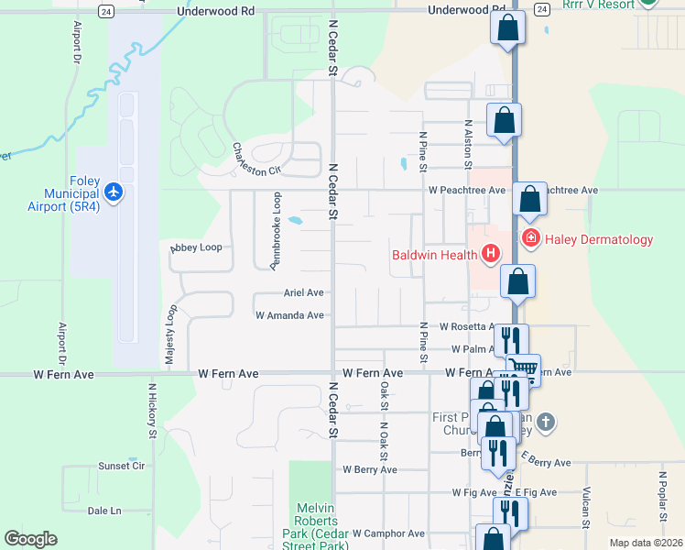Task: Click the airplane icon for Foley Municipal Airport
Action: (113, 192)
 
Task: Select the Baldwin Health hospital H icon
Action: (491, 253)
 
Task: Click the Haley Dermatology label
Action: (599, 239)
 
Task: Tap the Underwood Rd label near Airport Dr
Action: (215, 11)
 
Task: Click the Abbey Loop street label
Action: (196, 247)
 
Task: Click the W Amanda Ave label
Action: (289, 315)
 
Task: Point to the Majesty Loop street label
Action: (170, 336)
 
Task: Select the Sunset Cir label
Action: (122, 466)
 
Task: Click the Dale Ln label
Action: (103, 511)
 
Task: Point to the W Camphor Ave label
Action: (382, 533)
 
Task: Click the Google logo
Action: (30, 539)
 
